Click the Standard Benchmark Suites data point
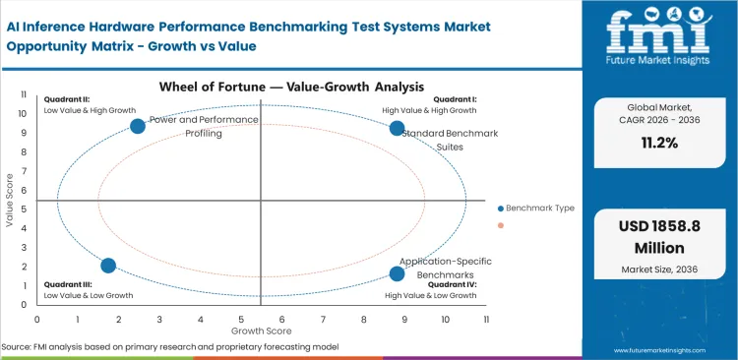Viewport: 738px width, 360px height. point(397,128)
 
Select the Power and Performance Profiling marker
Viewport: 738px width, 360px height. point(138,125)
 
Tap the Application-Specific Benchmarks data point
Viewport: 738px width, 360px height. point(397,273)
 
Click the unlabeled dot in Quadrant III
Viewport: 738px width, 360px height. point(108,266)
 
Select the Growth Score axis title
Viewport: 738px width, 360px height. point(261,332)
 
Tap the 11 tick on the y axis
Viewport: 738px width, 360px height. point(24,94)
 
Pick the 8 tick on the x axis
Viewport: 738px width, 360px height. point(363,320)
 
